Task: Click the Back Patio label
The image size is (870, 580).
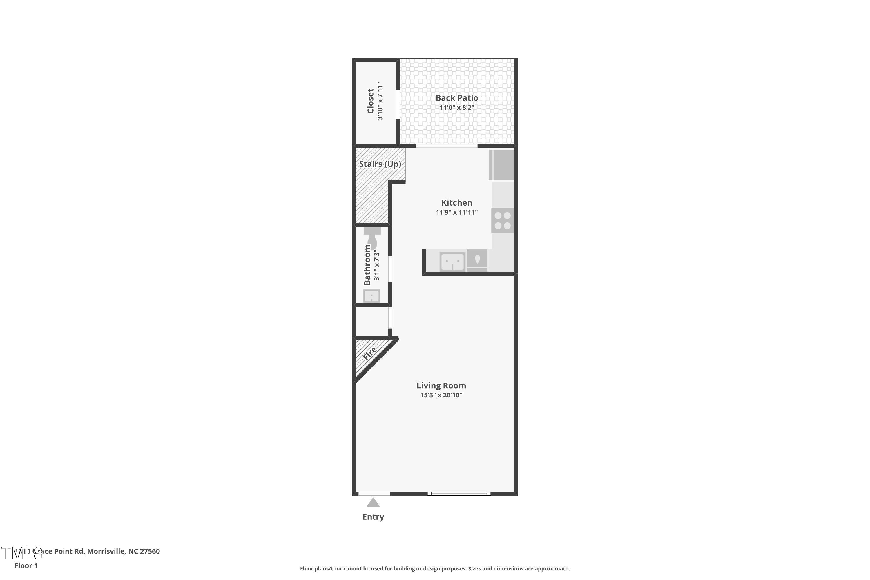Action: click(x=456, y=98)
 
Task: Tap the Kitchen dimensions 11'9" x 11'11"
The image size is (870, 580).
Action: click(x=456, y=212)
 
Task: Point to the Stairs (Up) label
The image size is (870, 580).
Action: click(x=380, y=164)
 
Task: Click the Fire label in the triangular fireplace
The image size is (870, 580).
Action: click(x=369, y=353)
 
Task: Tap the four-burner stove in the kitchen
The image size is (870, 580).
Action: click(x=502, y=220)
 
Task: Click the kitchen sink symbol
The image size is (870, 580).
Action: click(x=452, y=262)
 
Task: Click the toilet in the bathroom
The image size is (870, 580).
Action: click(x=372, y=239)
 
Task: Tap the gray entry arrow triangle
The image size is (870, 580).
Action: click(x=373, y=502)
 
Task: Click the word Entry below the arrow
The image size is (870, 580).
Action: click(x=373, y=517)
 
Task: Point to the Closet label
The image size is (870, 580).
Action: click(x=370, y=101)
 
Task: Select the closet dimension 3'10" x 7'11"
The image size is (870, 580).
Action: click(x=380, y=101)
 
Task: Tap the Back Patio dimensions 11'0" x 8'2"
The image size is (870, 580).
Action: click(x=456, y=108)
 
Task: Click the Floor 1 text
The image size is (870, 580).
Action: click(x=26, y=565)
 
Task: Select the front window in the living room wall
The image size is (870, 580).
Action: click(x=459, y=494)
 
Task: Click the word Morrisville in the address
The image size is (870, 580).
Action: click(x=106, y=551)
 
